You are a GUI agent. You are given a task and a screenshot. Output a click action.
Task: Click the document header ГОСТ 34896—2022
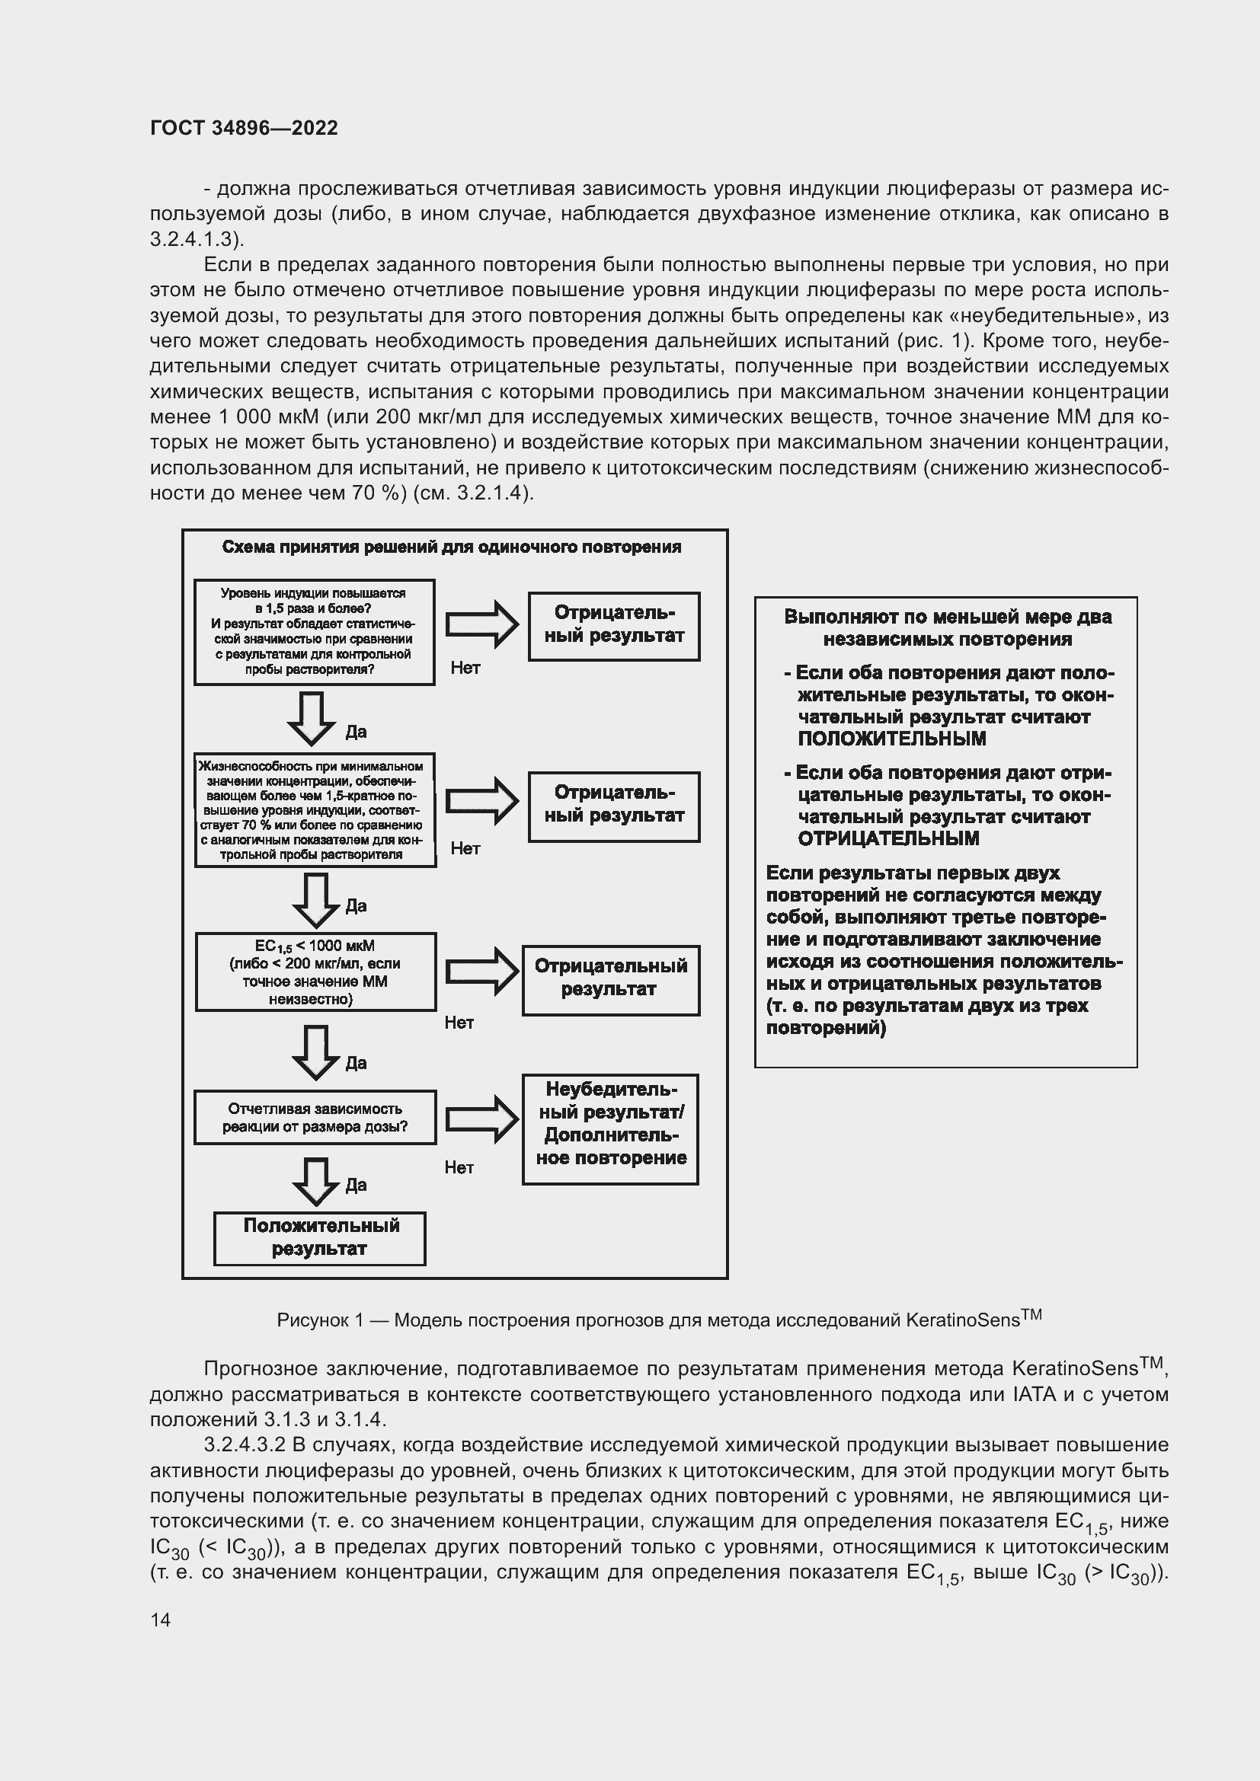click(x=244, y=128)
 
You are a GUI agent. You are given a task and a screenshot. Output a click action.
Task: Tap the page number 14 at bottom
click(x=161, y=1620)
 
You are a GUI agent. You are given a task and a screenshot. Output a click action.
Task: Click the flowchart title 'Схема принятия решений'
click(x=452, y=547)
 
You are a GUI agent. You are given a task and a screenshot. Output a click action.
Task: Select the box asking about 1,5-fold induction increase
click(x=314, y=631)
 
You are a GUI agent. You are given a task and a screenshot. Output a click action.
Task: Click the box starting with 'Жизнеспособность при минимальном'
click(x=315, y=810)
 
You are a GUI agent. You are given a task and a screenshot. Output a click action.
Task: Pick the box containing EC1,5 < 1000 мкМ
click(x=315, y=972)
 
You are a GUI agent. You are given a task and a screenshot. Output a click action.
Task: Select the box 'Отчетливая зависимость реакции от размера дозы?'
click(x=315, y=1118)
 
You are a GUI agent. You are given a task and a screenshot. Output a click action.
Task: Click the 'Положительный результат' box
click(x=320, y=1237)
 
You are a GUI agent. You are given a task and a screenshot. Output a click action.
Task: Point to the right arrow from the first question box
click(x=481, y=624)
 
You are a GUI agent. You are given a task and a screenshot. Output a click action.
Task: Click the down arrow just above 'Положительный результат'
click(x=316, y=1179)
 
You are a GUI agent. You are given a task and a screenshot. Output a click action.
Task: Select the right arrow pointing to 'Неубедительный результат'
click(x=481, y=1119)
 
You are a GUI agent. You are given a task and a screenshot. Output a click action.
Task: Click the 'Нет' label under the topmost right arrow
click(x=465, y=668)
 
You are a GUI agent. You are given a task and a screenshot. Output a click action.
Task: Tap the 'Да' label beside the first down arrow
click(x=355, y=733)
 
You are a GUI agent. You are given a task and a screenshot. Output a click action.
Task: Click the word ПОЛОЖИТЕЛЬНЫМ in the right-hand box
click(x=891, y=739)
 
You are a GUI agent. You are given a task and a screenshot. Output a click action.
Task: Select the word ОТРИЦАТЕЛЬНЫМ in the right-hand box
click(x=888, y=838)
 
